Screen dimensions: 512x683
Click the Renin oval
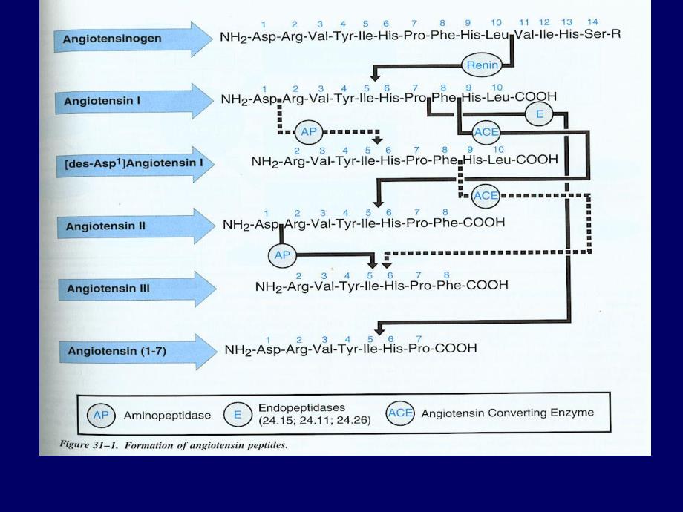[482, 65]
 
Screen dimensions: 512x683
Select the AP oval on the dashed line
[307, 133]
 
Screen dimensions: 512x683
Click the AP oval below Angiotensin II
[281, 255]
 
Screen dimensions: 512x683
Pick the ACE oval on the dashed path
[486, 195]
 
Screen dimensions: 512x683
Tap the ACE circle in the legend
[400, 413]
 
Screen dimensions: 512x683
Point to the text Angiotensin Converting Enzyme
[507, 413]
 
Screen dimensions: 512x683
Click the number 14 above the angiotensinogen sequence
[592, 22]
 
